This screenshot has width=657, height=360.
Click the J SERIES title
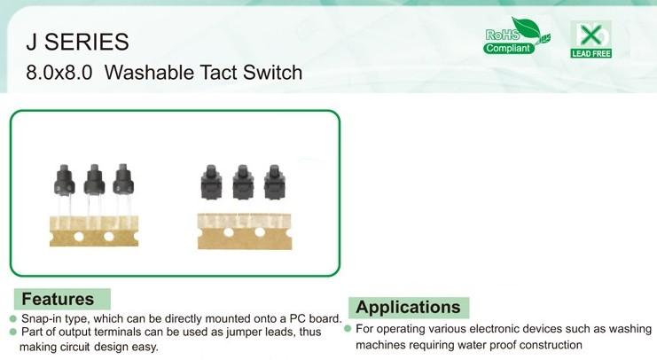[x=77, y=42]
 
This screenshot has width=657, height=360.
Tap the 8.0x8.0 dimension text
[x=59, y=72]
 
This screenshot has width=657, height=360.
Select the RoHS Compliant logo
[x=517, y=36]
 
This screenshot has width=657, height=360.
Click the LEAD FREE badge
[x=591, y=39]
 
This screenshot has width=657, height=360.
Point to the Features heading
[x=58, y=299]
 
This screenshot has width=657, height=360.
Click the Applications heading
[x=408, y=307]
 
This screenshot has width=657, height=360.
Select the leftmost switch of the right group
[x=211, y=182]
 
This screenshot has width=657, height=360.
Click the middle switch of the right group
[x=243, y=182]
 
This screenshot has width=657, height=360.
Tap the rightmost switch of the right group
[x=275, y=182]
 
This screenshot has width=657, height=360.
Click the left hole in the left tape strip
[x=79, y=237]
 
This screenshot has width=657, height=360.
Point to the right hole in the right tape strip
[x=260, y=231]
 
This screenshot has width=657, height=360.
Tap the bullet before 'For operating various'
[x=348, y=329]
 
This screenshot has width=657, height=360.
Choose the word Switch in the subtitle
[x=273, y=72]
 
